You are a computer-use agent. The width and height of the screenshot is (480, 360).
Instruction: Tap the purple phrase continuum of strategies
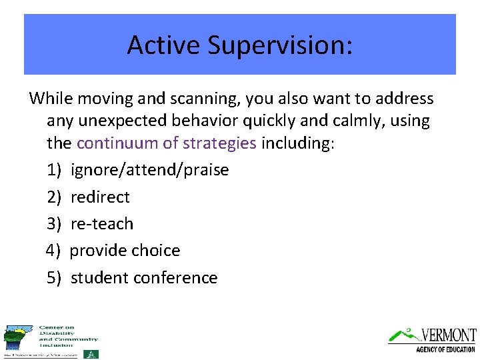[x=167, y=143]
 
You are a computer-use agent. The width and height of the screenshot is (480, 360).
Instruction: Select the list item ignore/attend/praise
[x=149, y=170]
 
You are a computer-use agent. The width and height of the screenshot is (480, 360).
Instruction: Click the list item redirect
[x=100, y=197]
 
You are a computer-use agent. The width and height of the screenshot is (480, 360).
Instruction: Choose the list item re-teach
[x=102, y=223]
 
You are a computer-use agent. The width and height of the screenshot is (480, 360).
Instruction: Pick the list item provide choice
[x=125, y=251]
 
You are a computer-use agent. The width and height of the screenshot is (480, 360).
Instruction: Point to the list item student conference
[x=144, y=277]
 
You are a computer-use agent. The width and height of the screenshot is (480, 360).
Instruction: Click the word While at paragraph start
[x=51, y=99]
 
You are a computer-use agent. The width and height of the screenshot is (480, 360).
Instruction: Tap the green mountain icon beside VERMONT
[x=401, y=333]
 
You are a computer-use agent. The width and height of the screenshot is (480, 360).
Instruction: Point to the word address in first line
[x=405, y=99]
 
